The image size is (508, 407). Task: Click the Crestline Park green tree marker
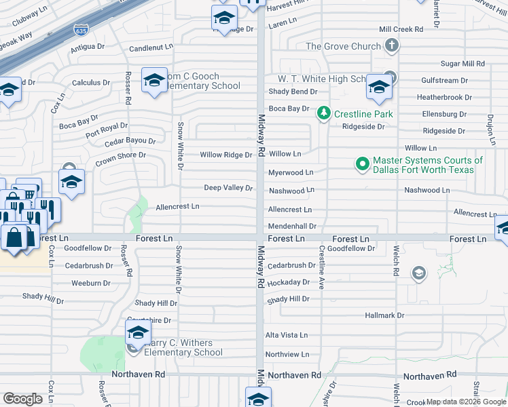(x=325, y=113)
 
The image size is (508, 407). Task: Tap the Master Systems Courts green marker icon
(x=362, y=163)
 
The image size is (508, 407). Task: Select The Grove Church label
(x=343, y=46)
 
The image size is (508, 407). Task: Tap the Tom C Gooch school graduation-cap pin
(x=154, y=80)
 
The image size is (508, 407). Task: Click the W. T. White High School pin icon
(x=379, y=86)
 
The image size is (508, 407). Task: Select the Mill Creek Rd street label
(x=401, y=29)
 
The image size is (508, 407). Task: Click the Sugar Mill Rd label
(x=462, y=63)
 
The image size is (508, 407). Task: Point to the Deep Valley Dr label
(x=229, y=188)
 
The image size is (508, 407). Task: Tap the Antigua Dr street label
(x=88, y=47)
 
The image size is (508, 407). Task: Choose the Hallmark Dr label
(x=384, y=315)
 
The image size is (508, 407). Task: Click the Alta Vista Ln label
(x=286, y=335)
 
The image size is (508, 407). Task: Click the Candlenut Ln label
(x=151, y=48)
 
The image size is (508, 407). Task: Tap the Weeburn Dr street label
(x=91, y=283)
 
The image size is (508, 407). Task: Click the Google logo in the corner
(x=22, y=399)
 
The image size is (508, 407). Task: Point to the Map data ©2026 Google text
(x=465, y=402)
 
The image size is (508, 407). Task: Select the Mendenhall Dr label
(x=292, y=226)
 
